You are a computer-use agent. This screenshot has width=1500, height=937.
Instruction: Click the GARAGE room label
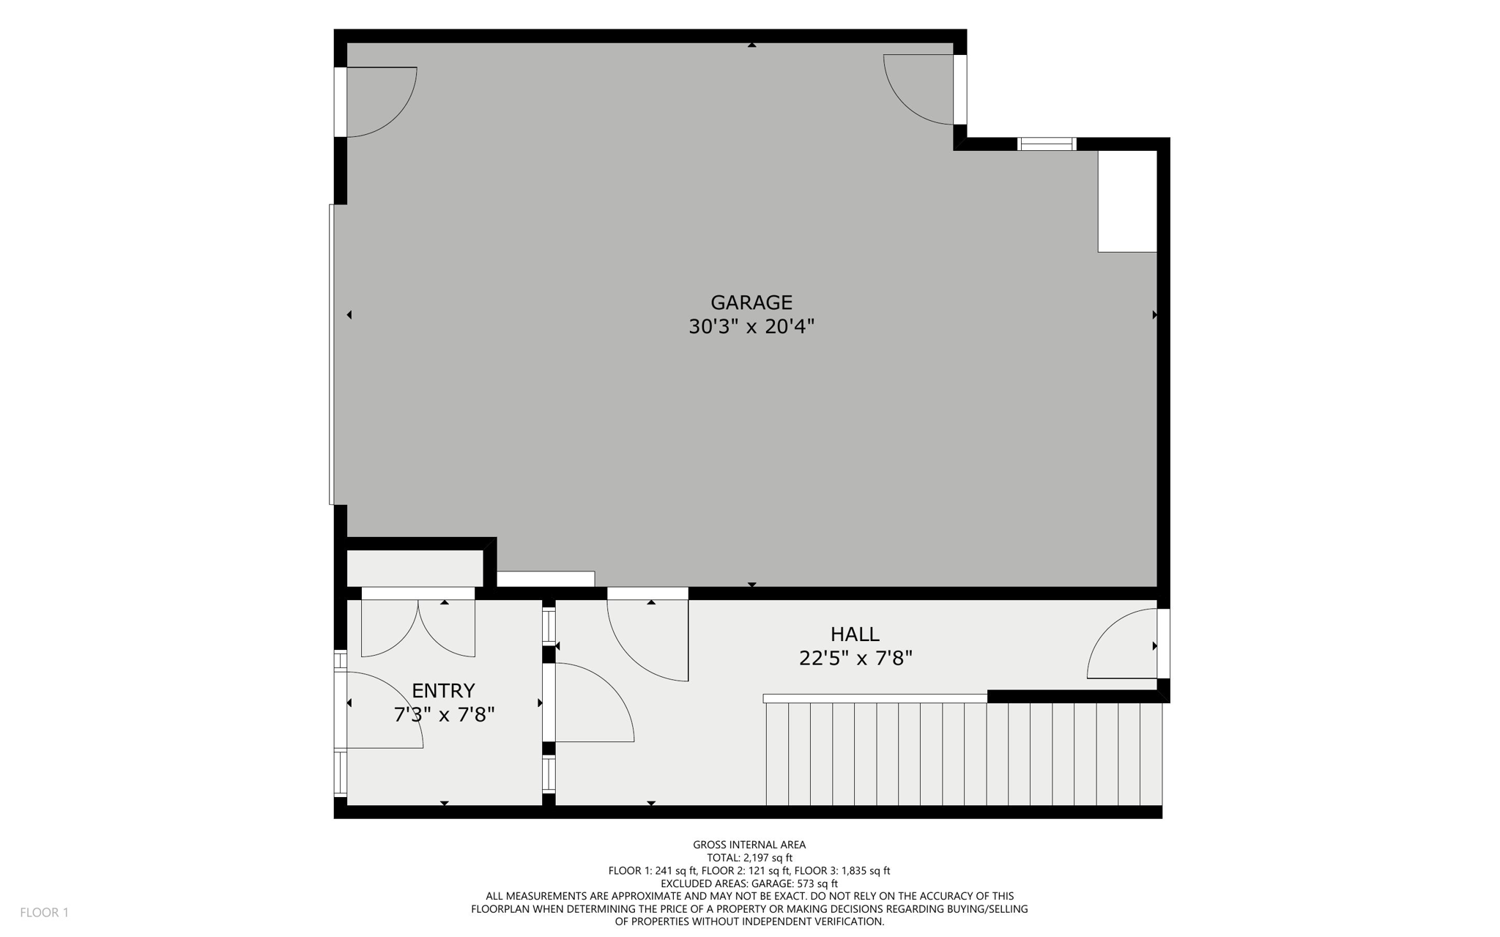751,303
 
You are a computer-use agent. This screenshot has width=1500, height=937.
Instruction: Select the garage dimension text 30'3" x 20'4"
751,327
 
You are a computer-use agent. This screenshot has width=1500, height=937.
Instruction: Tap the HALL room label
855,634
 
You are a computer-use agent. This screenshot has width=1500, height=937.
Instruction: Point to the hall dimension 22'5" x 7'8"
855,659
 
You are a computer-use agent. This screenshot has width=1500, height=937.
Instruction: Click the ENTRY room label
443,691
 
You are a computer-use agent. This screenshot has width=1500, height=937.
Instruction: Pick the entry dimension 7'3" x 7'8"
444,715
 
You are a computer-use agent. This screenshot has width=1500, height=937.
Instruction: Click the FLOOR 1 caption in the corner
44,913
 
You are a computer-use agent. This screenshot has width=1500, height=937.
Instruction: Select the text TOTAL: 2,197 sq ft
749,858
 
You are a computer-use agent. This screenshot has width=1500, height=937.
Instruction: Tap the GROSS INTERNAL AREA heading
749,845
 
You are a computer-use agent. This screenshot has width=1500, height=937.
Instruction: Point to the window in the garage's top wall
1047,144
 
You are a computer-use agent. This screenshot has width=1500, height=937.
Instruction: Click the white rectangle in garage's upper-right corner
1126,201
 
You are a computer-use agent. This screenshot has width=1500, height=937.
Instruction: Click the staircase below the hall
963,753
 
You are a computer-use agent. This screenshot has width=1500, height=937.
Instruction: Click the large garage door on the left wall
333,355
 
